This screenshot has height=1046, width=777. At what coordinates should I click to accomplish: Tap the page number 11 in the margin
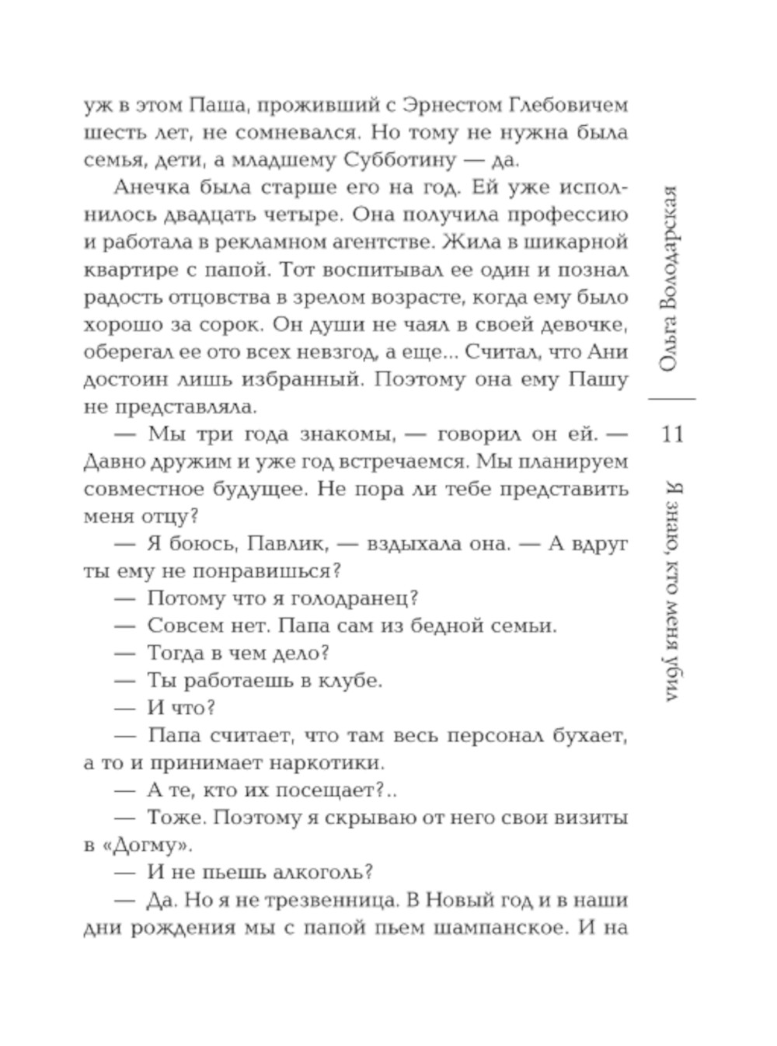[671, 433]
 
